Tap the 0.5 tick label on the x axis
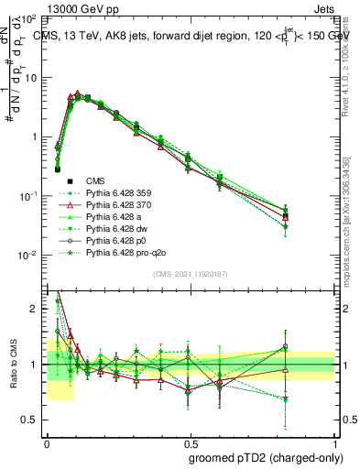pyautogui.click(x=191, y=442)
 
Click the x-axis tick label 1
pyautogui.click(x=335, y=442)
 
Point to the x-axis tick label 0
pyautogui.click(x=47, y=442)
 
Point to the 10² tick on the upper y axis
pyautogui.click(x=30, y=19)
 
